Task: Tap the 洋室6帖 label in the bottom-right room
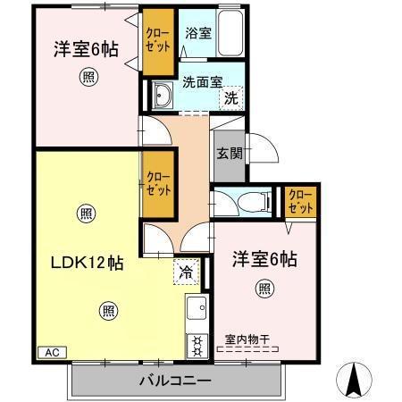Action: click(265, 259)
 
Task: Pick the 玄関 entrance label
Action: click(228, 152)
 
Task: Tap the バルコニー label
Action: click(175, 381)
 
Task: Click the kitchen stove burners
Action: click(196, 344)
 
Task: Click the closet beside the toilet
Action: click(300, 202)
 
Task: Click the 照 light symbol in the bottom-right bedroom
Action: click(265, 288)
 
